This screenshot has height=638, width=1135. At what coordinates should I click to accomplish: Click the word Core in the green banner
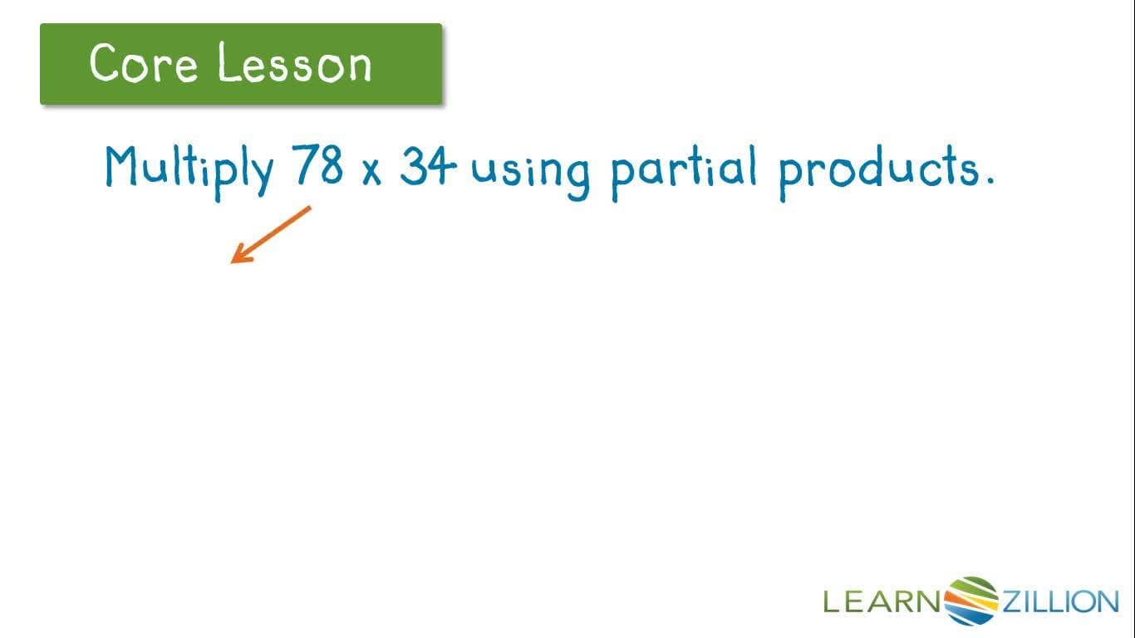(x=143, y=63)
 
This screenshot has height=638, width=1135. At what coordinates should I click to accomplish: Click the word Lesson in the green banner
(x=295, y=63)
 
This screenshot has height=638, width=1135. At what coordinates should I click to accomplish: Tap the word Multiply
(x=189, y=169)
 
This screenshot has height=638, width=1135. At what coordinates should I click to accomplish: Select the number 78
(x=317, y=166)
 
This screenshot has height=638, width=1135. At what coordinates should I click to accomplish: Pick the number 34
(x=428, y=167)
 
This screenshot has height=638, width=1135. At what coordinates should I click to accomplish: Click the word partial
(x=683, y=169)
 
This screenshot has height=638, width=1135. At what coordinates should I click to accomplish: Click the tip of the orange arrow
(x=233, y=261)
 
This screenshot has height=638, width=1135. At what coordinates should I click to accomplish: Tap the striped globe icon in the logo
(x=972, y=600)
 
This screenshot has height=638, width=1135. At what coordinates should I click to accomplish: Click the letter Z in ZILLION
(x=1013, y=601)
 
